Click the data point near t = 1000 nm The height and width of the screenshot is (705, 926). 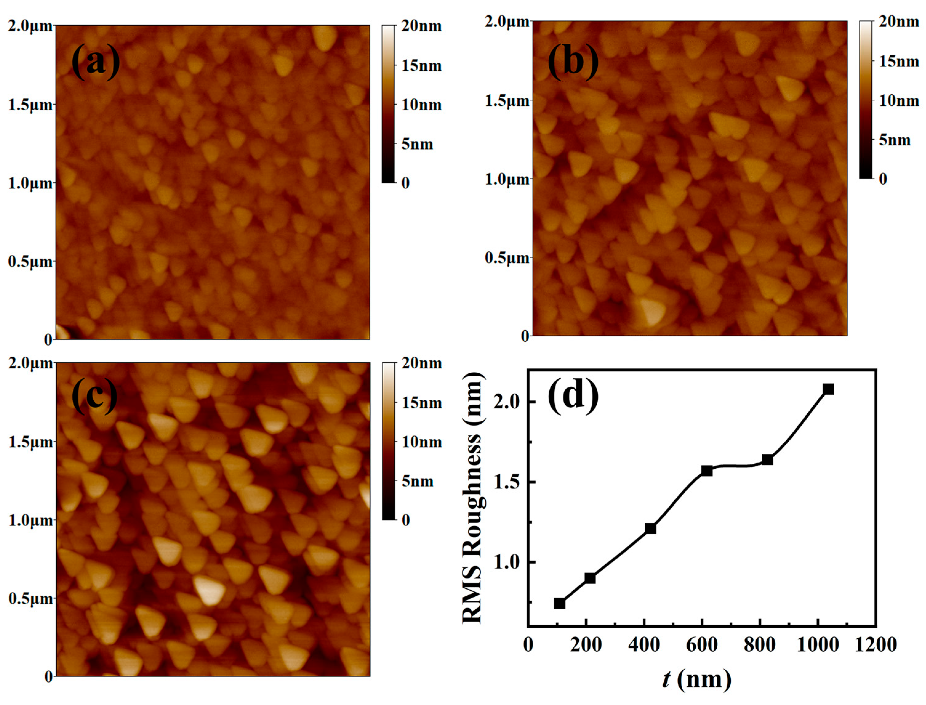click(x=828, y=389)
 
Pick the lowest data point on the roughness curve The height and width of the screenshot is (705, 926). click(x=559, y=603)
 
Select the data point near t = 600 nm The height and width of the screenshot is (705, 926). click(x=707, y=471)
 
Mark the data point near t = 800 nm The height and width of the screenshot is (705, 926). click(x=768, y=459)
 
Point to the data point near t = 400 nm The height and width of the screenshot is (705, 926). click(x=650, y=528)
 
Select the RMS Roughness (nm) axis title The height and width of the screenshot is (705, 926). click(x=473, y=499)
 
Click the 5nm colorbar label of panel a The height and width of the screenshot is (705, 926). click(x=417, y=144)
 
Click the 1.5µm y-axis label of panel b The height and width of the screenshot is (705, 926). click(x=507, y=101)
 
